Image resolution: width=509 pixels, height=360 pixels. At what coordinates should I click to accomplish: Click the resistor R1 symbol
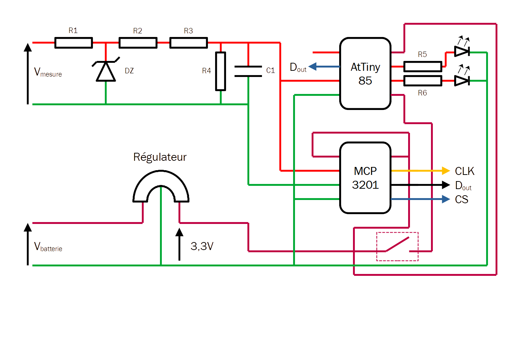coord(74,43)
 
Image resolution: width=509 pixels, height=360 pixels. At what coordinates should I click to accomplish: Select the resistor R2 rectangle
coord(138,43)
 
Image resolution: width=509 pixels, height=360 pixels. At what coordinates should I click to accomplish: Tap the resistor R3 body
coord(189,43)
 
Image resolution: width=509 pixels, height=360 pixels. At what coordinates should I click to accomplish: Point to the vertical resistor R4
coord(221,71)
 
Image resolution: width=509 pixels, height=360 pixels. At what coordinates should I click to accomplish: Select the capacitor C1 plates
coord(248,71)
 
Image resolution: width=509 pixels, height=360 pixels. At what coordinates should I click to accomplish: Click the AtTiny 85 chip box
coord(365,73)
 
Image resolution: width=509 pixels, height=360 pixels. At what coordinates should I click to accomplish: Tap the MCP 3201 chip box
coord(365,178)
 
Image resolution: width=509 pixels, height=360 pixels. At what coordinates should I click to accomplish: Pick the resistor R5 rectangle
coord(423,66)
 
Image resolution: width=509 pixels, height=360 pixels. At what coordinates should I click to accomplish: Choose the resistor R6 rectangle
coord(423,81)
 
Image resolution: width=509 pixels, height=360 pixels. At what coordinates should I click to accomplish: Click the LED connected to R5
coord(462,52)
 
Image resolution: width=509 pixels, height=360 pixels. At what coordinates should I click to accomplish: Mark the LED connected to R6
coord(462,81)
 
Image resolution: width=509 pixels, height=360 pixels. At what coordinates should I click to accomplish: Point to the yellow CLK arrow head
coord(446,171)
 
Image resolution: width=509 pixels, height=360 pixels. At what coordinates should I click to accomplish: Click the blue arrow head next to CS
coord(446,199)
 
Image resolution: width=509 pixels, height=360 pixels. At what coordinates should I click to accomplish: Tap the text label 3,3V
coord(202,246)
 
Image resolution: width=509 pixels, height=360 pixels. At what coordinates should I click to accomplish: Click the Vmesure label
coord(48,72)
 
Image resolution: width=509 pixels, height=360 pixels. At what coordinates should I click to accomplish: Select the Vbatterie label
coord(48,247)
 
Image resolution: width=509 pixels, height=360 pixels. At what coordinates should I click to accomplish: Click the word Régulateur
coord(160,157)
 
